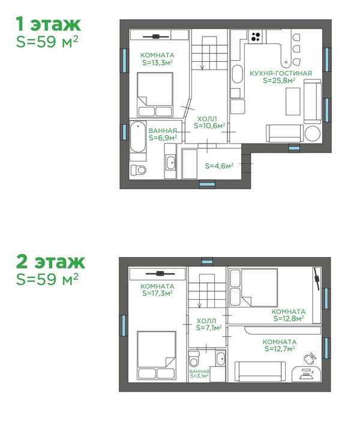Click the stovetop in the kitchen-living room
[256, 37]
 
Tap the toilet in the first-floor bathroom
[139, 170]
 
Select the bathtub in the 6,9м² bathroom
[138, 137]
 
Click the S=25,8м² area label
[279, 80]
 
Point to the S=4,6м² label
[219, 166]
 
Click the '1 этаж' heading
[48, 24]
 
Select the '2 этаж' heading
[50, 261]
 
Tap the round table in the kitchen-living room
[313, 133]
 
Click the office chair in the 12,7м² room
[310, 359]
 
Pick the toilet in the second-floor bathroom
[194, 359]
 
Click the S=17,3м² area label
[157, 293]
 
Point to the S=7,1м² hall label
[209, 328]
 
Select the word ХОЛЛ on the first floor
[207, 119]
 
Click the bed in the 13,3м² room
[155, 94]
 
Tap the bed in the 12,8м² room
[254, 288]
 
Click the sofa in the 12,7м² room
[260, 372]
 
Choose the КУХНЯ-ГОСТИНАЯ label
[281, 73]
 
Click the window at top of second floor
[207, 262]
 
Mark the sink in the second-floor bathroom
[220, 359]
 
